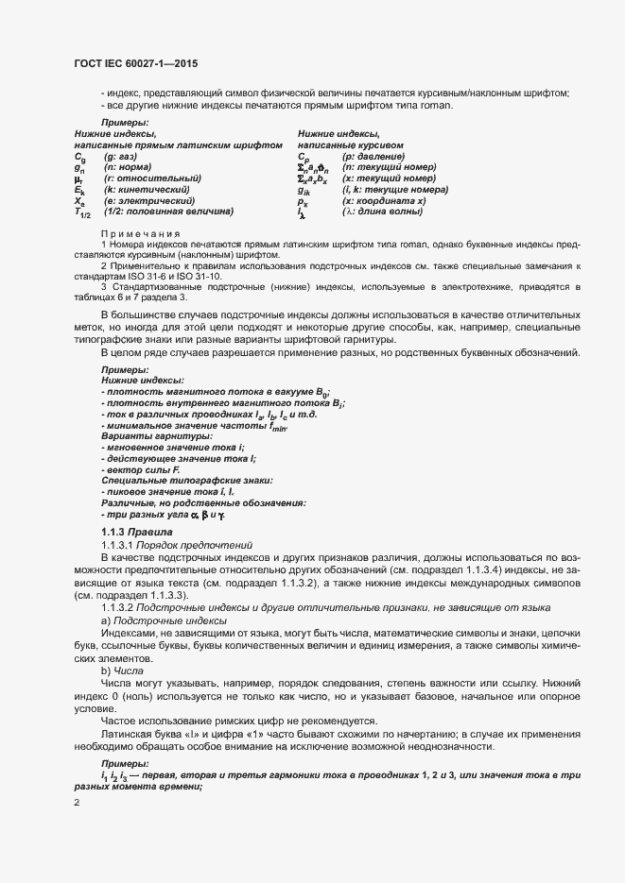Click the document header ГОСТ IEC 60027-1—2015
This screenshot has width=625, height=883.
click(135, 63)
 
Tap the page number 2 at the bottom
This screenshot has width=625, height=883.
click(78, 803)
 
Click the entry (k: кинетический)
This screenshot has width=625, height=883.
click(149, 190)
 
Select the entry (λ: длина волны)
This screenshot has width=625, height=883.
click(383, 212)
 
